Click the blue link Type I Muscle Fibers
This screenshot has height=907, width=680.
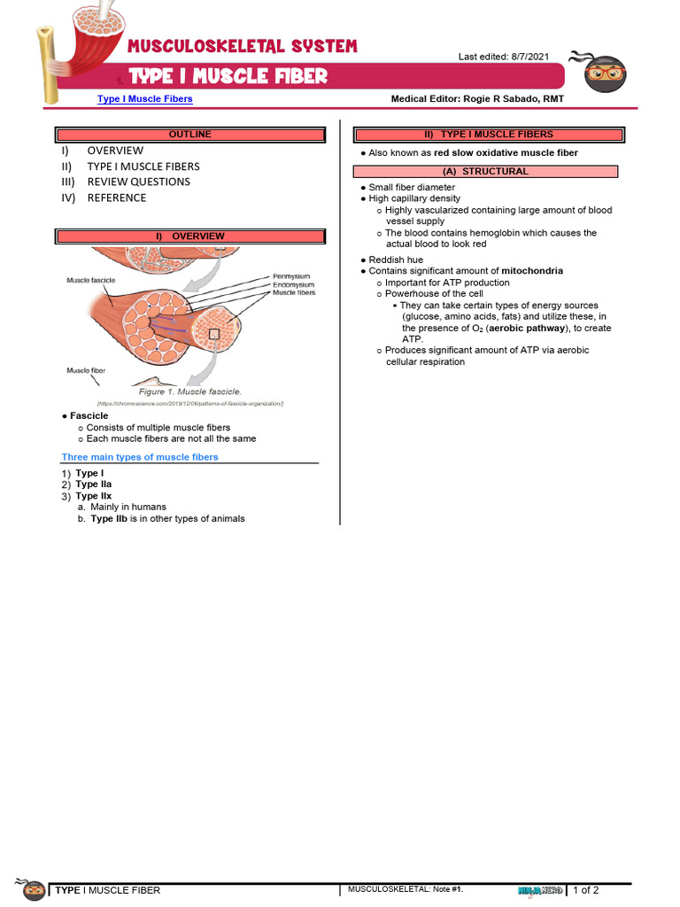pyautogui.click(x=144, y=99)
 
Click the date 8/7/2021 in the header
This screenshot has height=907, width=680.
pyautogui.click(x=529, y=57)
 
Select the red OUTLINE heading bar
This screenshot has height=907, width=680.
pyautogui.click(x=190, y=135)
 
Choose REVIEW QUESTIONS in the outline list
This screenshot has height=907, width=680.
pyautogui.click(x=138, y=182)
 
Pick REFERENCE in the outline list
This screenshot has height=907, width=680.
pyautogui.click(x=116, y=198)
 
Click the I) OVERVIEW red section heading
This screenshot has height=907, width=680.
pyautogui.click(x=190, y=236)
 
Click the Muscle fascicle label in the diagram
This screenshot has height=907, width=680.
pyautogui.click(x=91, y=281)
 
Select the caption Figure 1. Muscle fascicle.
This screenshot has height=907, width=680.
pyautogui.click(x=189, y=391)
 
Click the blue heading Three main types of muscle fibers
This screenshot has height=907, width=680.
pyautogui.click(x=140, y=457)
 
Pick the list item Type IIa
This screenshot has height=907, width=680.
pyautogui.click(x=94, y=485)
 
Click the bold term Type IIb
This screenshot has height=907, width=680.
pyautogui.click(x=109, y=519)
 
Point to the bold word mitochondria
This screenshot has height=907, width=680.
pyautogui.click(x=532, y=271)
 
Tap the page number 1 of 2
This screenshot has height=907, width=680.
pyautogui.click(x=585, y=890)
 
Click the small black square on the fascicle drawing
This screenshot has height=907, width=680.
pyautogui.click(x=213, y=334)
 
